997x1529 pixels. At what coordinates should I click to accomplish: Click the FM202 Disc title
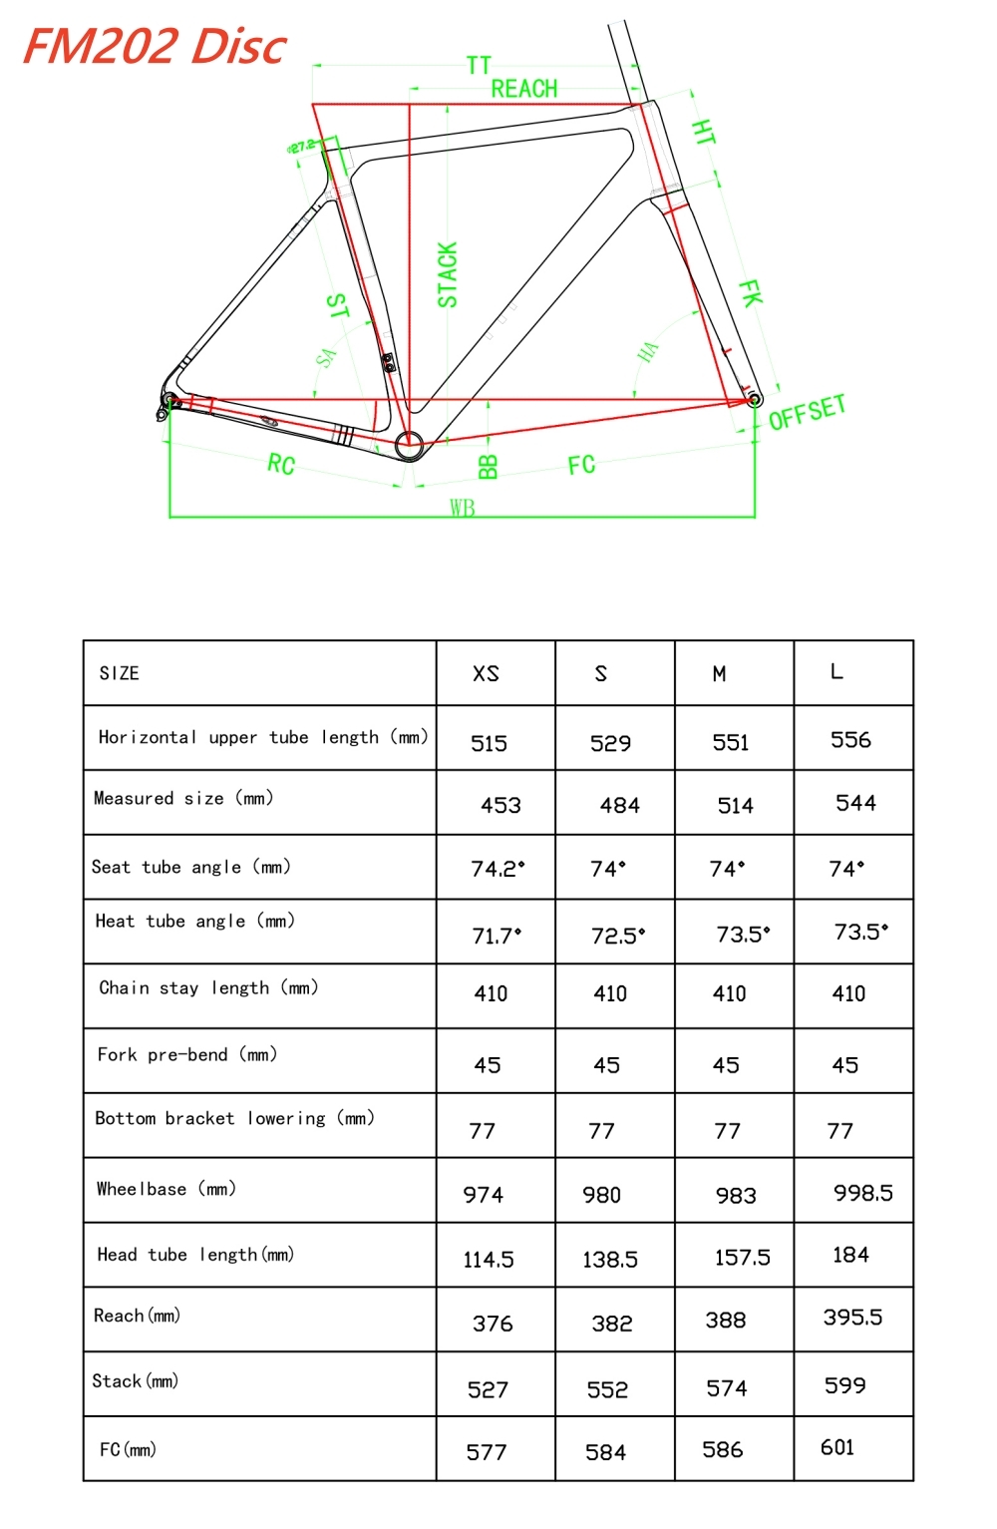pos(155,46)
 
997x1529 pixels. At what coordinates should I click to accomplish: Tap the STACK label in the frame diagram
pos(448,274)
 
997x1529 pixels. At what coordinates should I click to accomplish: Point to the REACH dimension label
pos(524,89)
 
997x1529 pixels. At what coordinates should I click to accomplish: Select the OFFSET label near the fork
pos(807,411)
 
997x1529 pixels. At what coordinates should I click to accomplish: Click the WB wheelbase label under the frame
pos(462,508)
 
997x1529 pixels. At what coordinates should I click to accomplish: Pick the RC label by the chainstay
pos(281,464)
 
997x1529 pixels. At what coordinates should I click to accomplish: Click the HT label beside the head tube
pos(703,133)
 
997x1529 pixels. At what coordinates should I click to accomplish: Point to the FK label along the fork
pos(750,293)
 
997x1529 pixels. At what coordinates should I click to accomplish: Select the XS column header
pos(486,674)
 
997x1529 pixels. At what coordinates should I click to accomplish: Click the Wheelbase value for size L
pos(862,1193)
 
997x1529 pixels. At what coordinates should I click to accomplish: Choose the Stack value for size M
pos(727,1388)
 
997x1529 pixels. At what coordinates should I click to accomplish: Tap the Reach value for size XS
pos(493,1324)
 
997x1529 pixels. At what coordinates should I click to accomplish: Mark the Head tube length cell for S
pos(610,1260)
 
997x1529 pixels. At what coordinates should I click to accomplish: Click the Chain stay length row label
pos(208,988)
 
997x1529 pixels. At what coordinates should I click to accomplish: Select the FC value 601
pos(837,1447)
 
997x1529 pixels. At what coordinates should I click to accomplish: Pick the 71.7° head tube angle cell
pos(497,936)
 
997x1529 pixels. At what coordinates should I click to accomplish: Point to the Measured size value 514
pos(736,806)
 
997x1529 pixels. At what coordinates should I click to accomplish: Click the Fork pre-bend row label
pos(187,1054)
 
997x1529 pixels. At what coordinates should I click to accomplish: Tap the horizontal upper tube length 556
pos(850,740)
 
